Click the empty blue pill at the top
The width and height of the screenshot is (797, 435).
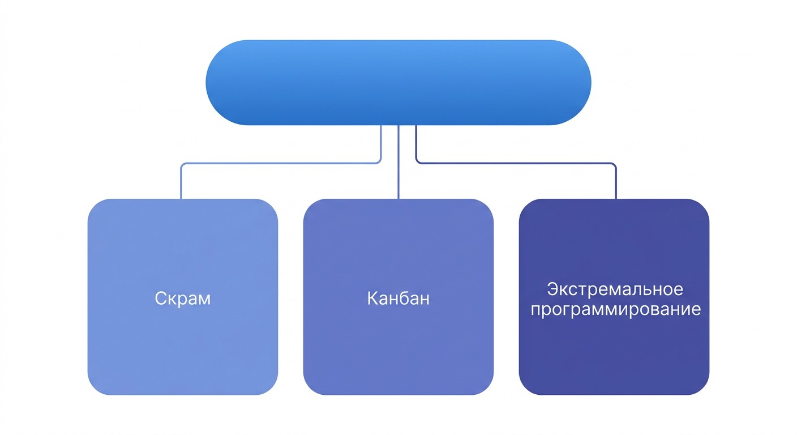coord(398,83)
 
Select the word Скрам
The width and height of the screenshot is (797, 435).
coord(182,298)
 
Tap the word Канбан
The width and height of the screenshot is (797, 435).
coord(398,298)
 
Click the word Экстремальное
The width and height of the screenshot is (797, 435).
coord(615,289)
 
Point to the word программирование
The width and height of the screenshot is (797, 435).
coord(615,309)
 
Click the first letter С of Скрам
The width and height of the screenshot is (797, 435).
coord(161,298)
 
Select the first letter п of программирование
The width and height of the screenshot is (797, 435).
coord(535,311)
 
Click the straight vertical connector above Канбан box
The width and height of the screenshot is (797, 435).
coord(398,162)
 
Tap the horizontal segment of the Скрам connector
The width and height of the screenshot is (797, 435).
coord(281,163)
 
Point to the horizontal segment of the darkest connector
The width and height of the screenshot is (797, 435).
coord(516,163)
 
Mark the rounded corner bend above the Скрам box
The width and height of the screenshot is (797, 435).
coord(182,164)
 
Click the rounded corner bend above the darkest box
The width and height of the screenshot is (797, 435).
coord(615,164)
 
